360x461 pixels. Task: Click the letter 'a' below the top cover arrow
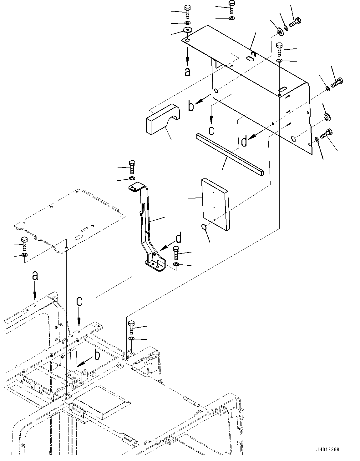coord(187,72)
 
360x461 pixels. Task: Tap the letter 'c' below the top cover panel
coord(211,130)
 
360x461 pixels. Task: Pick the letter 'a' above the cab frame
coord(35,276)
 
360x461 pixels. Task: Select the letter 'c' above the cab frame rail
coord(79,301)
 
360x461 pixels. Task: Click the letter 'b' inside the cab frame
coord(97,355)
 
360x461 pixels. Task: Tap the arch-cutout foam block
coord(163,119)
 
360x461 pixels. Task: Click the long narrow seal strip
coord(230,154)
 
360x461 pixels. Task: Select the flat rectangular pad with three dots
coord(215,204)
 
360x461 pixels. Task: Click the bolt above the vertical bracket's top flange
coord(132,167)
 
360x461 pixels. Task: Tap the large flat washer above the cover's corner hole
coord(187,30)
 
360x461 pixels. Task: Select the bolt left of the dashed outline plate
coord(24,243)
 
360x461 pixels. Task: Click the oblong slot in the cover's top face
coord(250,59)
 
